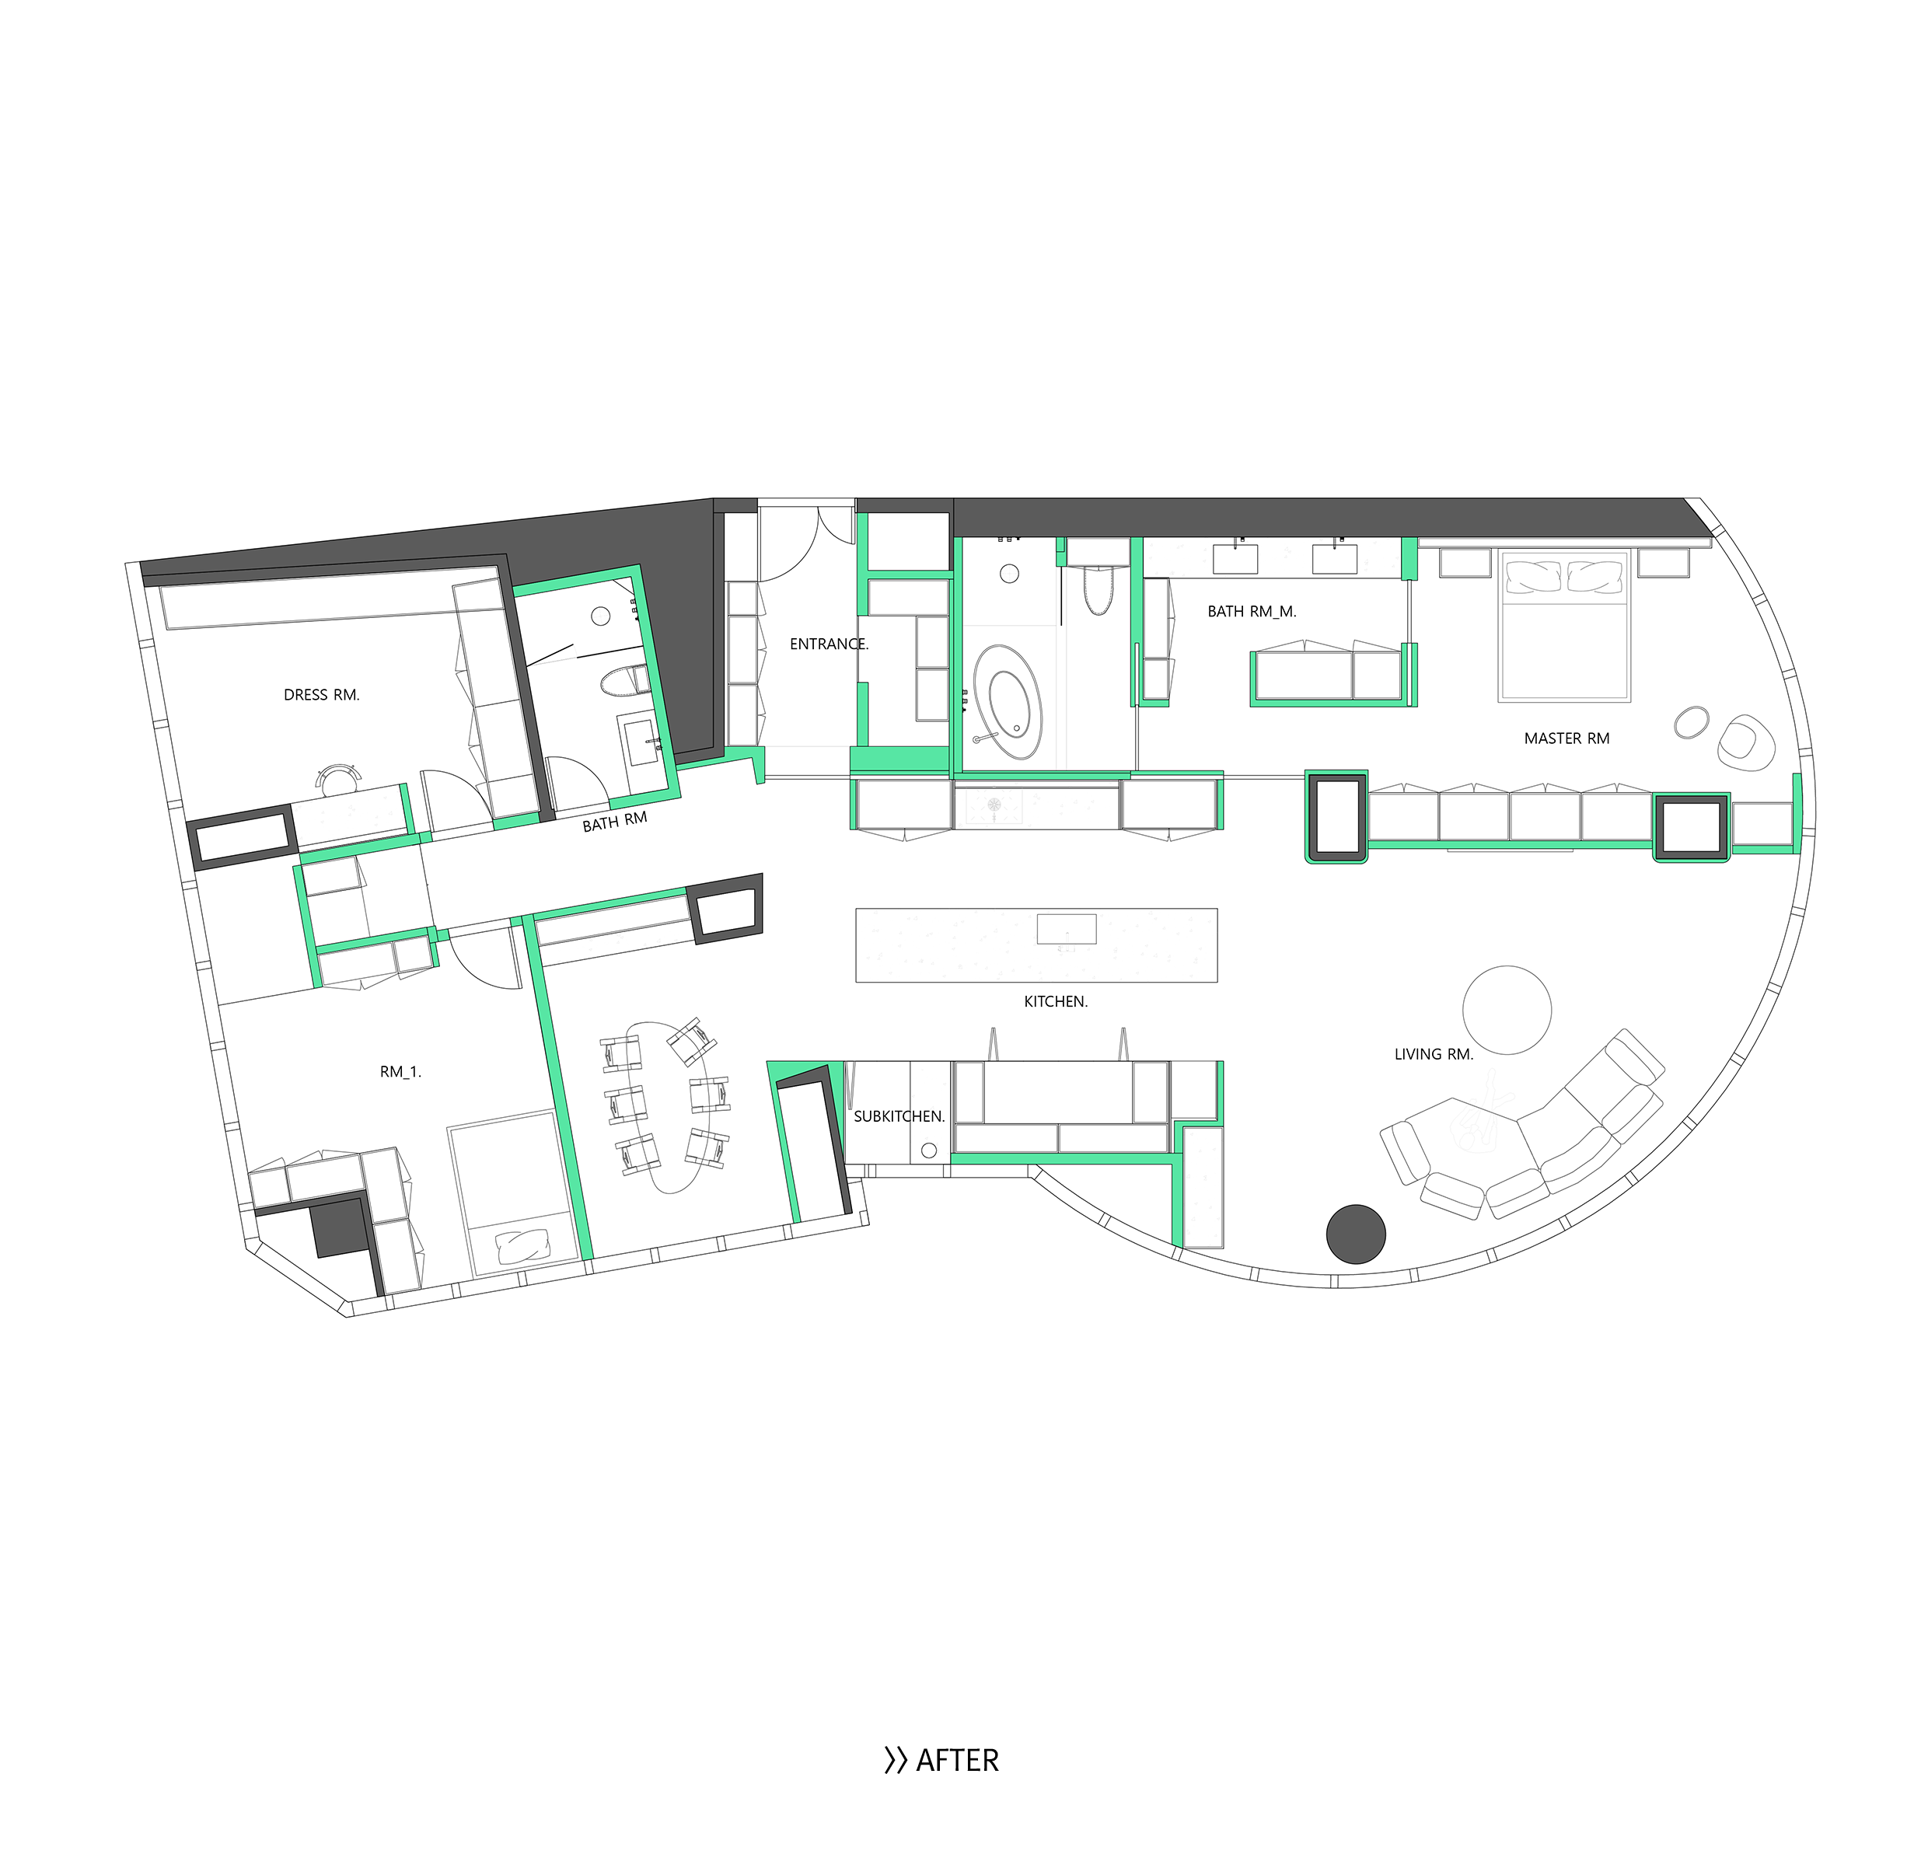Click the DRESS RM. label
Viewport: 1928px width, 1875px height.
(x=322, y=695)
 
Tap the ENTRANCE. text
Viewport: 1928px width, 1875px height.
(x=829, y=644)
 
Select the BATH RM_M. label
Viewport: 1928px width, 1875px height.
(x=1252, y=612)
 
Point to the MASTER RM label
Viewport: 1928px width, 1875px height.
(x=1566, y=738)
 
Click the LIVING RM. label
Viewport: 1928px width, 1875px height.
(x=1434, y=1055)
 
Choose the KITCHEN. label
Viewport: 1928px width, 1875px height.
(x=1056, y=1001)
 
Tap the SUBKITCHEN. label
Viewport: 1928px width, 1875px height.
(x=899, y=1117)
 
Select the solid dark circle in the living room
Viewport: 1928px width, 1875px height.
(x=1356, y=1234)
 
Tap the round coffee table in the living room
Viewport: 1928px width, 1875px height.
(x=1507, y=1011)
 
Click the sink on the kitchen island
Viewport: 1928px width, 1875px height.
(x=1067, y=930)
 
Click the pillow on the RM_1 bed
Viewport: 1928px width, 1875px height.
(x=525, y=1247)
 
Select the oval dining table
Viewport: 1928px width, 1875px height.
(x=668, y=1107)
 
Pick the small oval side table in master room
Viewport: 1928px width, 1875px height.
(x=1692, y=722)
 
